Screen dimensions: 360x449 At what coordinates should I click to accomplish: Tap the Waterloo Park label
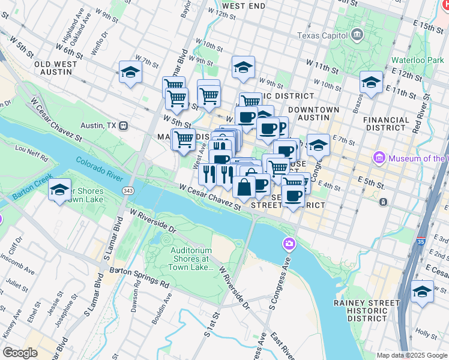[417, 60]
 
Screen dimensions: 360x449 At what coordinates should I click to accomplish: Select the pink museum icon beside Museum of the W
[379, 158]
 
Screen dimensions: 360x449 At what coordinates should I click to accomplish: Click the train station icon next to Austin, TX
[124, 126]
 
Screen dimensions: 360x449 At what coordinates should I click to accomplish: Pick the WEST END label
[244, 6]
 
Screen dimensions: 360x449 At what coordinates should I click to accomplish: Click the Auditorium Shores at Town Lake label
[191, 259]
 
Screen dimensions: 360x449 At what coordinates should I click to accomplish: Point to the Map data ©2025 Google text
[411, 355]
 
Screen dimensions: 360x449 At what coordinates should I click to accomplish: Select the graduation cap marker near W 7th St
[130, 73]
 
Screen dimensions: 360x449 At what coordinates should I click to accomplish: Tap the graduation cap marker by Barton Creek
[59, 190]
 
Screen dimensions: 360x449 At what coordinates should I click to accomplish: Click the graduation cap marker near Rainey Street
[422, 292]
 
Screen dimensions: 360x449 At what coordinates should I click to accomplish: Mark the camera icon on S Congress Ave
[289, 244]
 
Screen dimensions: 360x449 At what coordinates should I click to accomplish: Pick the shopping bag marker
[244, 187]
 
